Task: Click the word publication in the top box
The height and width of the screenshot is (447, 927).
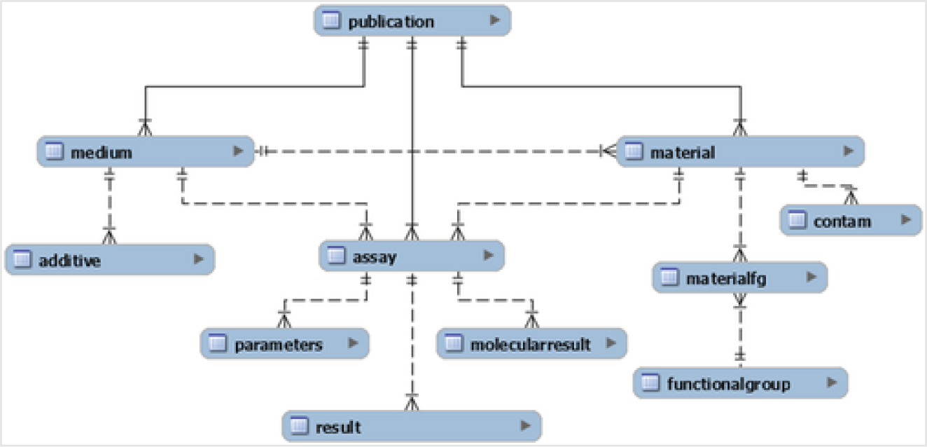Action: coord(391,22)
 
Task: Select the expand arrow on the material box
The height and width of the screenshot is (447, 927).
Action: coord(848,151)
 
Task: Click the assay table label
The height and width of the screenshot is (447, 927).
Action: coord(374,257)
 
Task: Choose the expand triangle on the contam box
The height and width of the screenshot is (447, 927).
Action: coord(906,221)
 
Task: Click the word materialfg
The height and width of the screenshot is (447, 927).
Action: coord(726,278)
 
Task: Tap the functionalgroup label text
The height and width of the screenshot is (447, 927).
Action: coord(728,384)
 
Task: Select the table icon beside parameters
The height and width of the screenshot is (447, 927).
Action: coord(218,344)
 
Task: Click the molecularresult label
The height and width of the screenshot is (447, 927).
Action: coord(530,344)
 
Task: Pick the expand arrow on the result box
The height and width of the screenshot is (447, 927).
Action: coord(525,425)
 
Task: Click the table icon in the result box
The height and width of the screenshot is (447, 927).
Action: coord(300,426)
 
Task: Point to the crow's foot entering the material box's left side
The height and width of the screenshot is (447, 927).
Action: coord(607,151)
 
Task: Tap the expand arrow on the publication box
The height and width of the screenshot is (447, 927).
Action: coord(495,21)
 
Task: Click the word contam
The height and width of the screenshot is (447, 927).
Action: coord(842,221)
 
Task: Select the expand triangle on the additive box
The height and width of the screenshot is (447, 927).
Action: coord(199,259)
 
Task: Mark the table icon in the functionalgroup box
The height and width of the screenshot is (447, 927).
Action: coord(651,383)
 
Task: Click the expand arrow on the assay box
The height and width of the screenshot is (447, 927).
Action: coord(488,256)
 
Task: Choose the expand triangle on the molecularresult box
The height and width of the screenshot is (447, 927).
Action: coord(611,343)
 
